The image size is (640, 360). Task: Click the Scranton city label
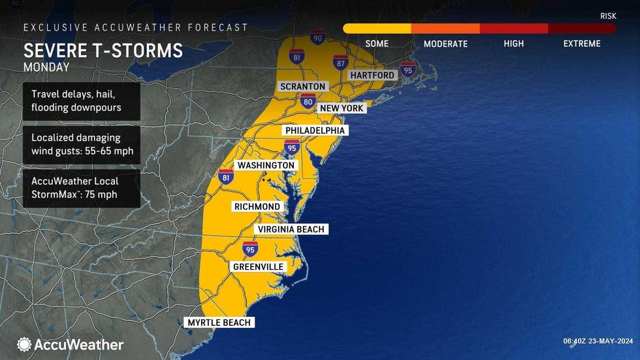(x=302, y=86)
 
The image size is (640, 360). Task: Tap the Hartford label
(x=372, y=75)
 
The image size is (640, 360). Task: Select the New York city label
(x=342, y=108)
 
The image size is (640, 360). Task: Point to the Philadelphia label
(x=314, y=131)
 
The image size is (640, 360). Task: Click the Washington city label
(x=266, y=165)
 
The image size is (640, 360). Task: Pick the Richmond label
(x=257, y=206)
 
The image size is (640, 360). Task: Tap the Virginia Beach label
(x=291, y=229)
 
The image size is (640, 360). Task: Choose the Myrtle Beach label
(x=219, y=322)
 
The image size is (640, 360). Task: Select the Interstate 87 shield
(x=340, y=62)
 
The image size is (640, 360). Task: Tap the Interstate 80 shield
(x=309, y=101)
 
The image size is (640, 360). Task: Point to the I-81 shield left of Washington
(x=225, y=177)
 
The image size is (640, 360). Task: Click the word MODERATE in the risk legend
(x=445, y=44)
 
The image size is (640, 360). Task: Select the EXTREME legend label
(x=581, y=44)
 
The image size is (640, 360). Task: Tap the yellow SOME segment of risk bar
(x=377, y=29)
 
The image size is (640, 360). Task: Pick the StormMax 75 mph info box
(x=82, y=188)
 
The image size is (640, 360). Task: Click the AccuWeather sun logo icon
(x=24, y=344)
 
